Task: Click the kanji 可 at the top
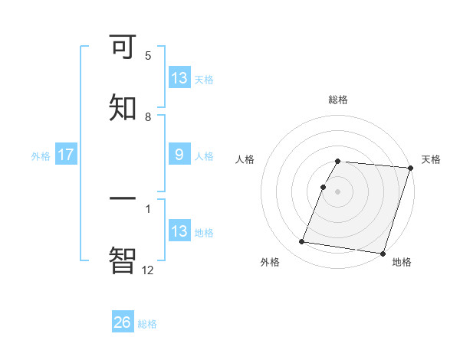pyautogui.click(x=123, y=47)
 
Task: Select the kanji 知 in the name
pyautogui.click(x=123, y=108)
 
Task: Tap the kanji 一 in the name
pyautogui.click(x=123, y=199)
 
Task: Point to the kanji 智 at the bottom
pyautogui.click(x=123, y=260)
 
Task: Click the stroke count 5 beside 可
pyautogui.click(x=148, y=56)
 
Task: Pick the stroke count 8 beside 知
pyautogui.click(x=148, y=117)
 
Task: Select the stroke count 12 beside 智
pyautogui.click(x=147, y=270)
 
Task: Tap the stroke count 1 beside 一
pyautogui.click(x=148, y=208)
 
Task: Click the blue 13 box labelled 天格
pyautogui.click(x=179, y=78)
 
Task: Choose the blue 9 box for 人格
pyautogui.click(x=179, y=155)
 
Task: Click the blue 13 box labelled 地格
pyautogui.click(x=179, y=232)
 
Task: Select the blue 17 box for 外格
pyautogui.click(x=66, y=155)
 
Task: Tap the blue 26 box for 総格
pyautogui.click(x=123, y=323)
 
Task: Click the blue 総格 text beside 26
pyautogui.click(x=148, y=324)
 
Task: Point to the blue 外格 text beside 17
pyautogui.click(x=41, y=156)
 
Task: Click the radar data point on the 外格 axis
pyautogui.click(x=302, y=242)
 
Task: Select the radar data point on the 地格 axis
pyautogui.click(x=382, y=253)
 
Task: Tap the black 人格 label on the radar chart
pyautogui.click(x=245, y=159)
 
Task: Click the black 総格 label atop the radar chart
pyautogui.click(x=338, y=100)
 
